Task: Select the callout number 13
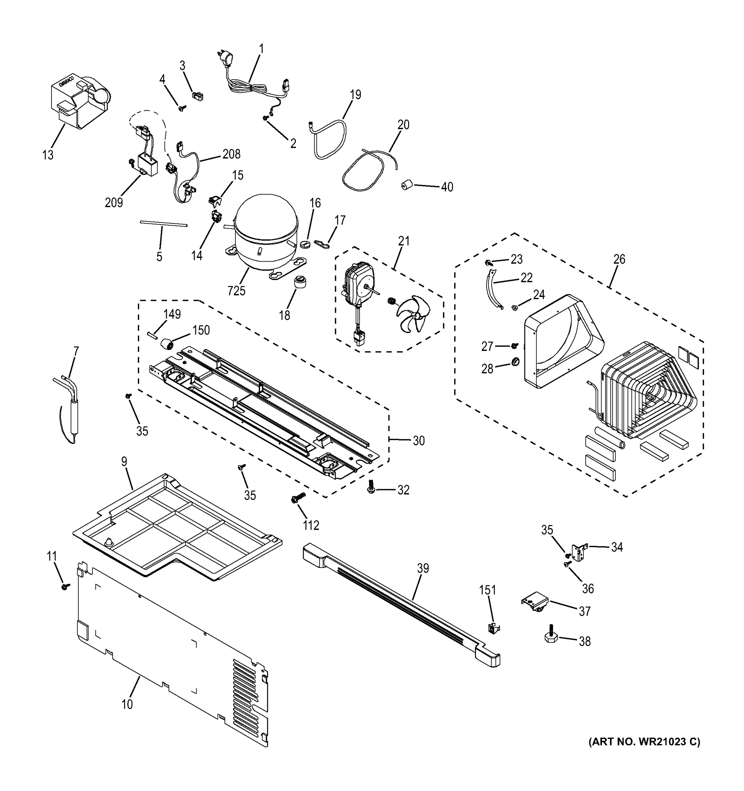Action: click(x=48, y=155)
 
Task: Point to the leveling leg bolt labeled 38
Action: click(x=550, y=636)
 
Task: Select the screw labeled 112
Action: click(x=298, y=497)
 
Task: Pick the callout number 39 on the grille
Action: click(x=423, y=568)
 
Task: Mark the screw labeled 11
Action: click(x=65, y=586)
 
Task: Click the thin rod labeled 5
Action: click(x=163, y=224)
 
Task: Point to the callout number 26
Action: click(x=619, y=259)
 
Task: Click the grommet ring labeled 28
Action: click(x=515, y=362)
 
